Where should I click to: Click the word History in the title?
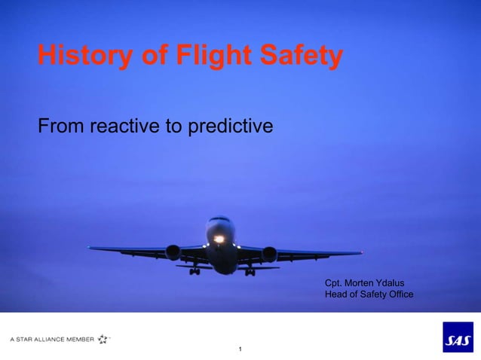[x=82, y=56]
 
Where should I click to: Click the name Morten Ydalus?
[x=378, y=282]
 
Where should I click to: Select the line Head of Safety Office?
[x=369, y=294]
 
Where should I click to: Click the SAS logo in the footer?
[x=458, y=337]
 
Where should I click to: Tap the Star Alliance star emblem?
[x=103, y=339]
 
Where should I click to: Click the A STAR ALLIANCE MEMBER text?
[x=52, y=340]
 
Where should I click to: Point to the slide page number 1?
[x=240, y=349]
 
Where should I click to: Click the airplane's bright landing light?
[x=219, y=239]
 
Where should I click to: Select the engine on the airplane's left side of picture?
[x=173, y=252]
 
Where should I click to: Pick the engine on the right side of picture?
[x=269, y=254]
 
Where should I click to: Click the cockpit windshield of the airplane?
[x=220, y=221]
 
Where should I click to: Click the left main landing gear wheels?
[x=195, y=270]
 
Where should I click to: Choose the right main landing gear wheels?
[x=250, y=271]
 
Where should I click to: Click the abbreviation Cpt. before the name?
[x=332, y=282]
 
